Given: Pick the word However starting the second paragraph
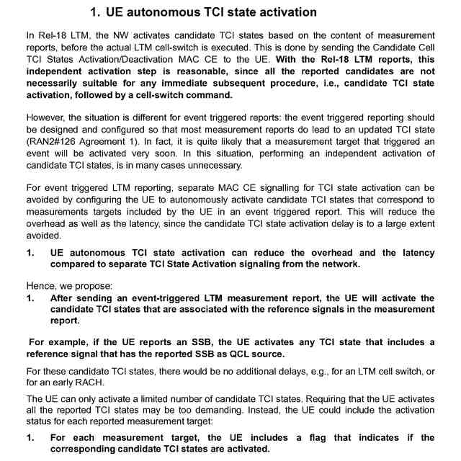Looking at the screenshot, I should point(45,117).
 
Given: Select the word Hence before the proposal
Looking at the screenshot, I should point(41,285).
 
